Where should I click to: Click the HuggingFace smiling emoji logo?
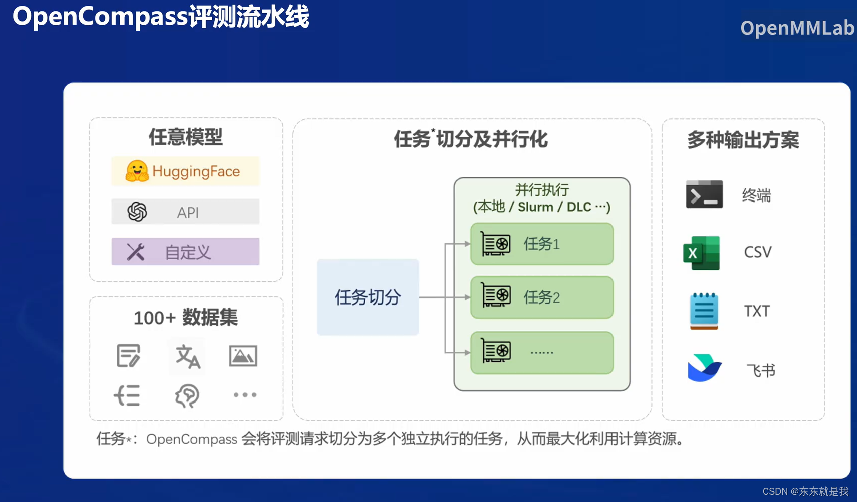tap(137, 171)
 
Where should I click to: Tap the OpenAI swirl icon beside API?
tap(137, 212)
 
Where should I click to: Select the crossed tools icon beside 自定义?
tap(136, 252)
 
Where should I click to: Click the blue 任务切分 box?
tap(368, 297)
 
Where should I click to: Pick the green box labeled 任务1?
tap(542, 244)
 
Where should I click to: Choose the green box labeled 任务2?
tap(542, 297)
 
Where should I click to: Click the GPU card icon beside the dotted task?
tap(496, 351)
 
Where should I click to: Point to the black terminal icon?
tap(704, 194)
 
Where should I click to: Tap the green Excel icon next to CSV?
tap(701, 253)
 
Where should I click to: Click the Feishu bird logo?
tap(704, 368)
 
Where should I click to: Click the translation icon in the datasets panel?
tap(188, 356)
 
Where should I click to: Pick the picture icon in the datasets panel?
tap(243, 356)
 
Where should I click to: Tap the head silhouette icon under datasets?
tap(187, 395)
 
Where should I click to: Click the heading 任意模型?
tap(185, 137)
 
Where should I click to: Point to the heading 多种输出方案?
tap(743, 140)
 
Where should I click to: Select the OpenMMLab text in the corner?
tap(797, 28)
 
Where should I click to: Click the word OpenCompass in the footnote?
tap(191, 439)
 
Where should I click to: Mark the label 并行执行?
tap(542, 190)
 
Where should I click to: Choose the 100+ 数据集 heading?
tap(185, 318)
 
